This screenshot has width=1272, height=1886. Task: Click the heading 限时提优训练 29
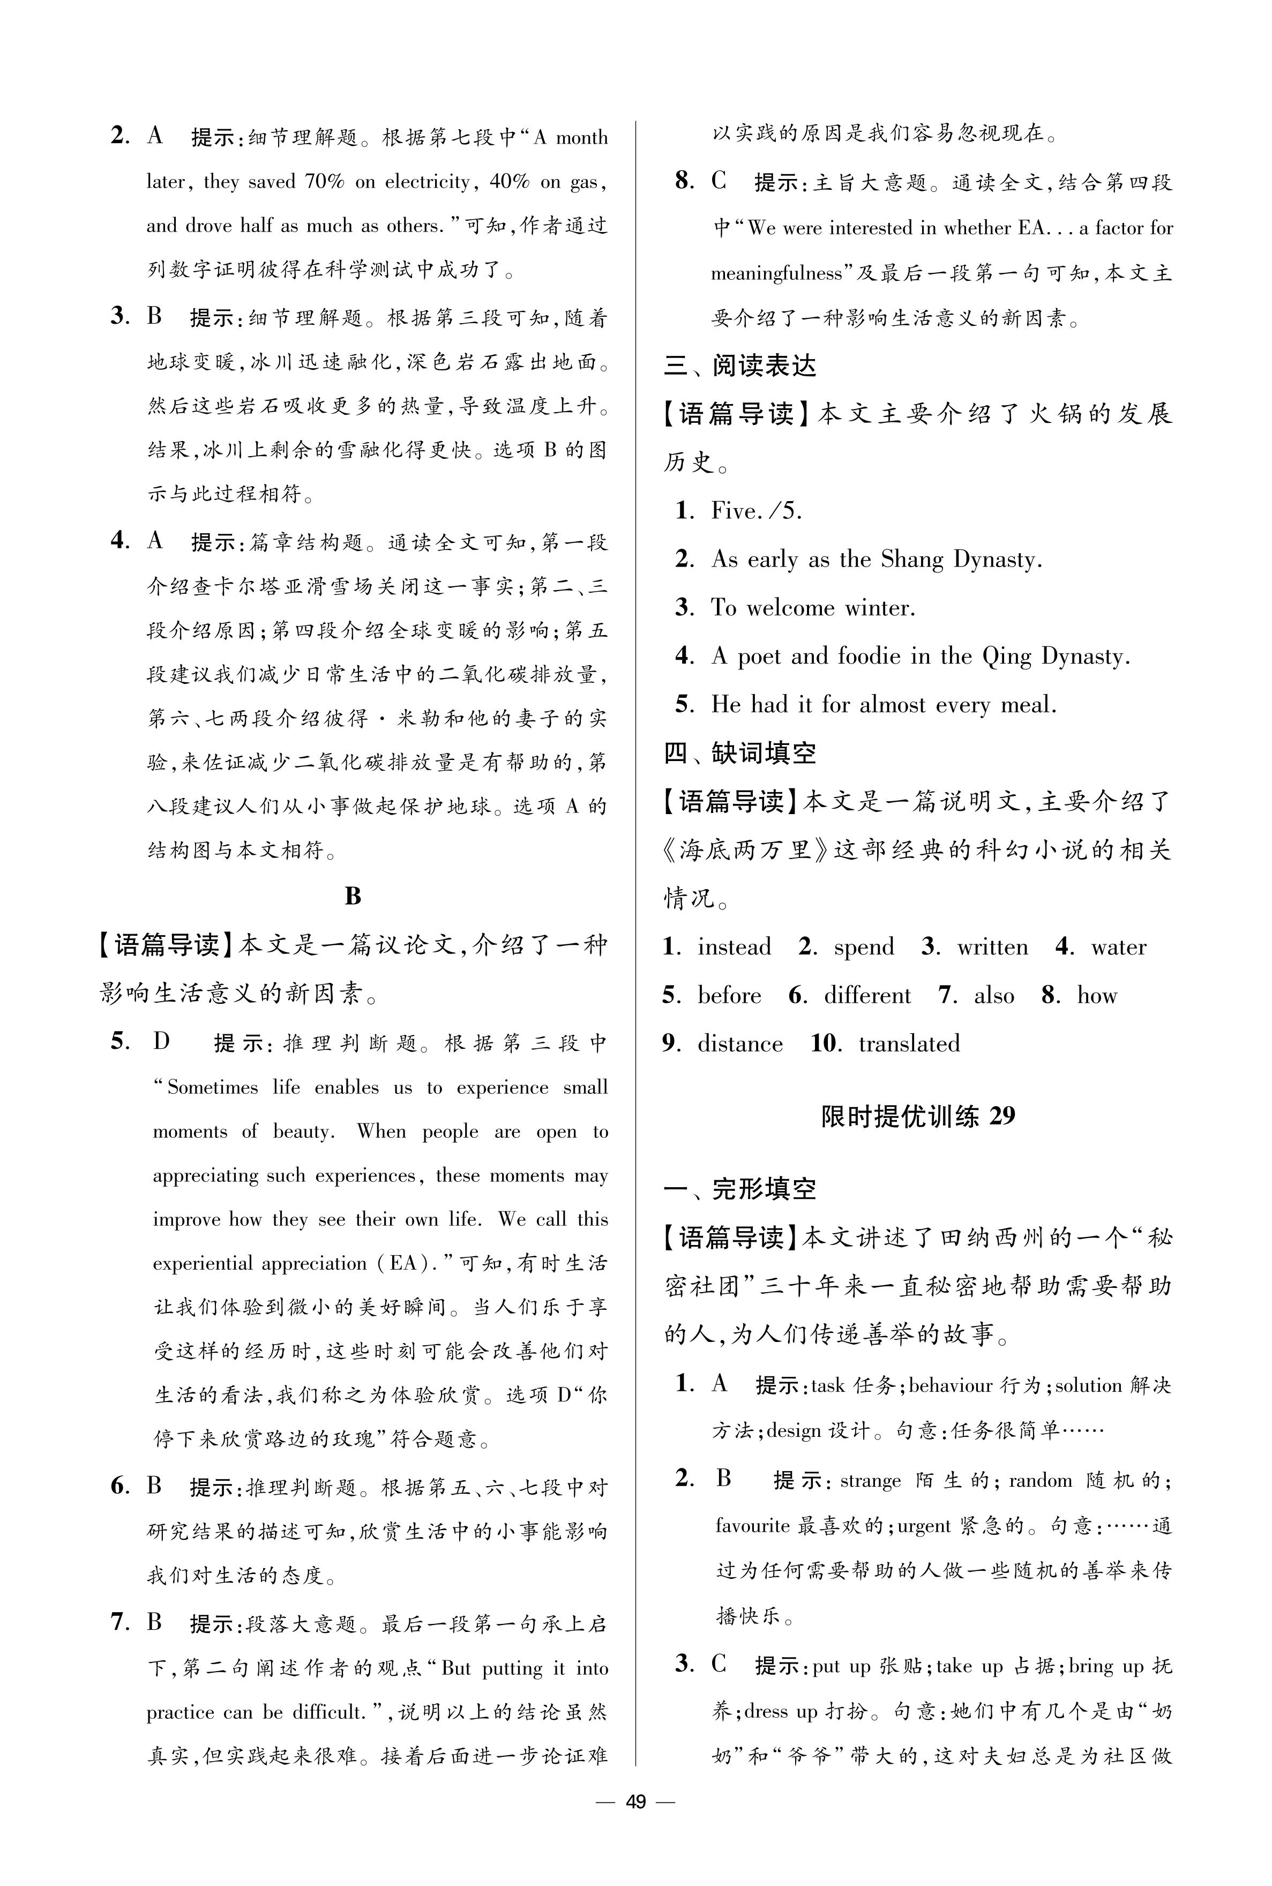click(917, 1116)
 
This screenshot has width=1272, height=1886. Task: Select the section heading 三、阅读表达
click(740, 366)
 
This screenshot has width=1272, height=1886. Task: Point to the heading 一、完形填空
click(740, 1189)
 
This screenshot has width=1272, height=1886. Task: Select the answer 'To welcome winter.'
click(813, 608)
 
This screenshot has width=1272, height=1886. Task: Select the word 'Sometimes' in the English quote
click(213, 1088)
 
